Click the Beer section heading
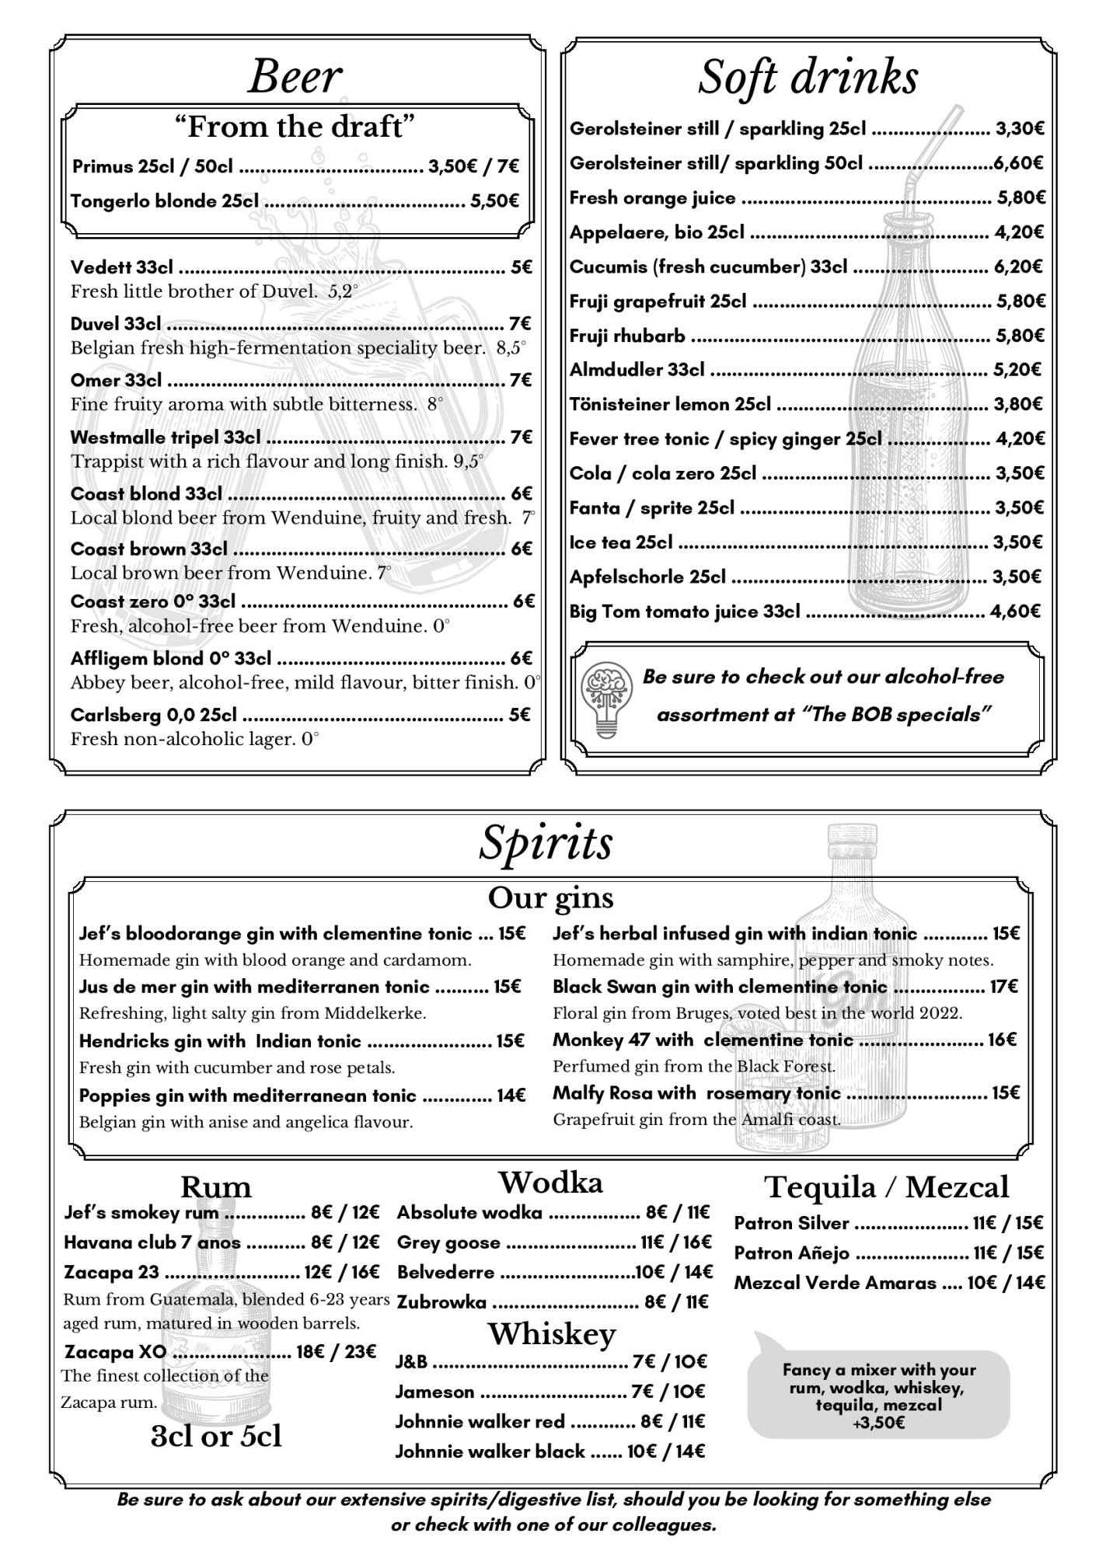click(295, 77)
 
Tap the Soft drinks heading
click(808, 77)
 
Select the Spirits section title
click(546, 842)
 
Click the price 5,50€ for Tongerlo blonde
click(494, 201)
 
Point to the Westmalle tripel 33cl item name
click(166, 437)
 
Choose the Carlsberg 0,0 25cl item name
click(154, 715)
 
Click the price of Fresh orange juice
click(1020, 198)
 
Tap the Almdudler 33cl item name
click(637, 370)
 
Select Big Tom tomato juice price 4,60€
click(1015, 611)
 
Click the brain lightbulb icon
click(605, 697)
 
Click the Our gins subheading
click(550, 897)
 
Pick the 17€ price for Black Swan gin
click(1003, 987)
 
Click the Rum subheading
click(216, 1187)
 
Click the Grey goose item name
click(448, 1242)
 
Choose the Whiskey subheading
click(552, 1334)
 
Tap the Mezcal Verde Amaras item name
click(835, 1283)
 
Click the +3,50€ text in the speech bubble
click(878, 1423)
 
